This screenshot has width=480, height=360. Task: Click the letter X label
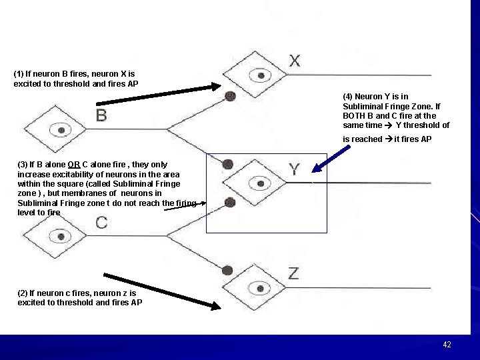295,61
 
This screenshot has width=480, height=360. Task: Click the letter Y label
295,169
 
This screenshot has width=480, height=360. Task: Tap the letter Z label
293,272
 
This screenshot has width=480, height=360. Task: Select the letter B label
101,116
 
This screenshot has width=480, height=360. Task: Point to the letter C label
101,223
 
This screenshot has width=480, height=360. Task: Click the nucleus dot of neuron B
61,129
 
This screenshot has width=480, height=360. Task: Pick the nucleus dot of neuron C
61,235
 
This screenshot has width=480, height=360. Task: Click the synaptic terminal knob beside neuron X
230,96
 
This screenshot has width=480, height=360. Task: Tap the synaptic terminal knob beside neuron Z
227,270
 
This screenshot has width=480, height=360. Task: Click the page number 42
447,345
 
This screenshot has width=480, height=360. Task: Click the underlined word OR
74,165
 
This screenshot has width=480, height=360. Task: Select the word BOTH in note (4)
354,116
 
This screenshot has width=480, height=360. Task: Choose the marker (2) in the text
23,293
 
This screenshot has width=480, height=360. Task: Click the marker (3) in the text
23,165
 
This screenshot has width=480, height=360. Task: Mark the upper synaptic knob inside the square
227,163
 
